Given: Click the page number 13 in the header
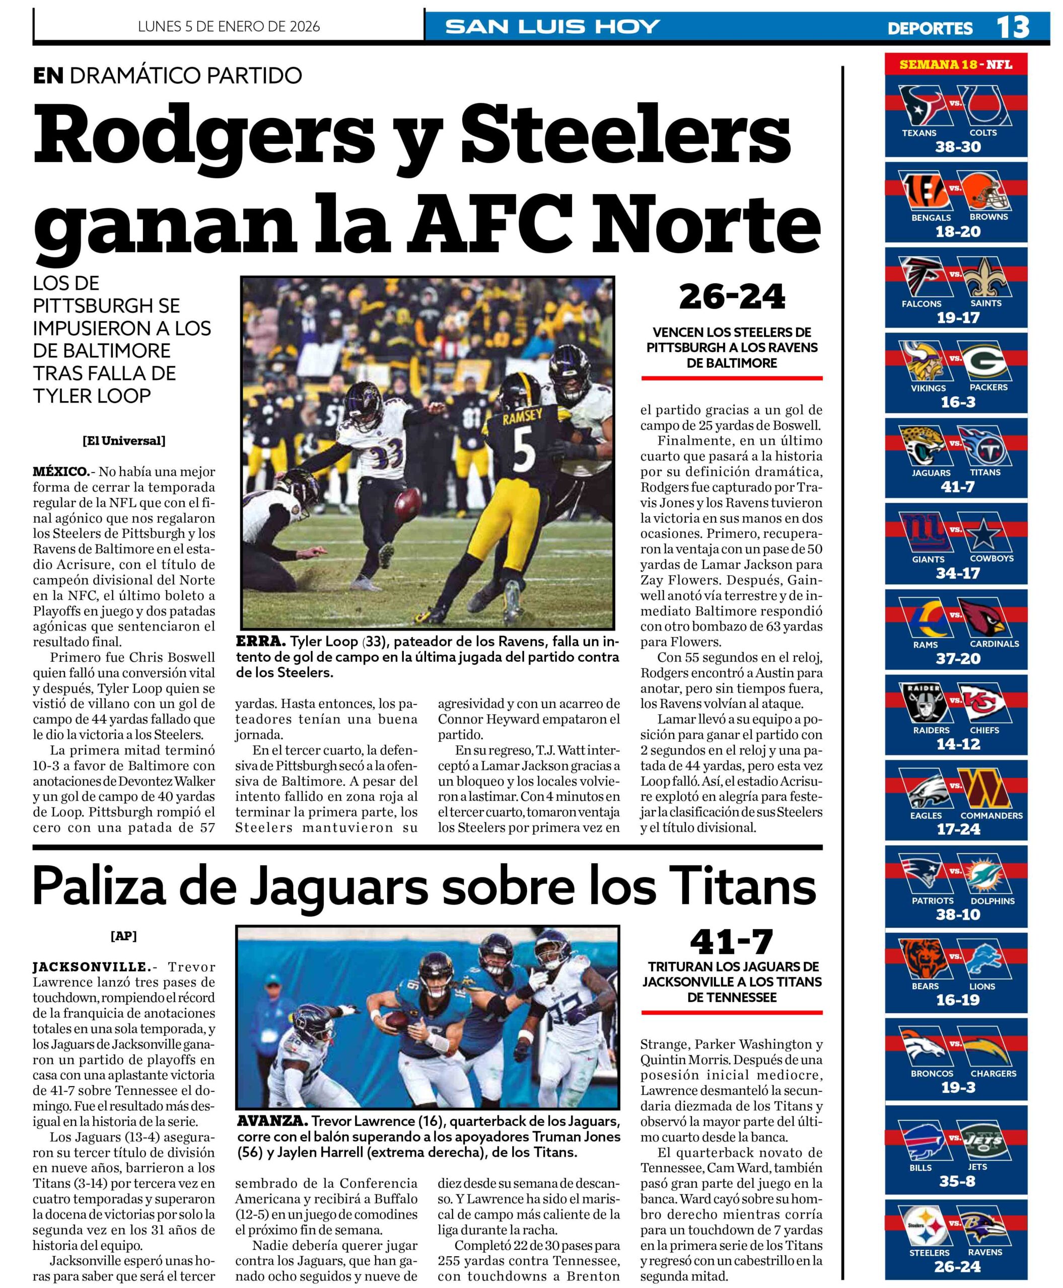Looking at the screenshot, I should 1013,27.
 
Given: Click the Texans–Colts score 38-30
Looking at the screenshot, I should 958,147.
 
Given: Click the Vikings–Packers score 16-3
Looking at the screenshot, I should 958,402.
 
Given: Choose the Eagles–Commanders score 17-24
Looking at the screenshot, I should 958,829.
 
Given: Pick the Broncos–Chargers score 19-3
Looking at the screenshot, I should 958,1087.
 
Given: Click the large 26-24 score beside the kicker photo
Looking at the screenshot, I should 732,297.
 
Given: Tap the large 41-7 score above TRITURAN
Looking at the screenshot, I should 732,943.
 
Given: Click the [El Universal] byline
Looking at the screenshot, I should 124,441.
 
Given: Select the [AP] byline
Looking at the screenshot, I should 124,935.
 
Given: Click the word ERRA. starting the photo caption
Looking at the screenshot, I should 261,642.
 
